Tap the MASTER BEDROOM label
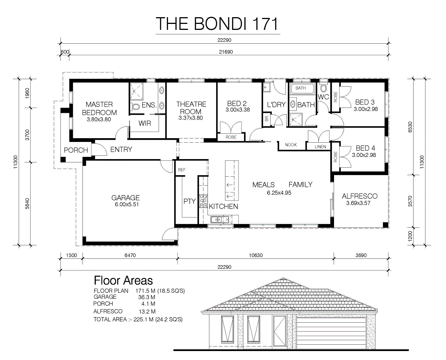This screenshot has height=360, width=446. pos(99,108)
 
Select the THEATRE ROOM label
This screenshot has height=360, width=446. pos(191,108)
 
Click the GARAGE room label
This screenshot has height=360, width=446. pos(125,198)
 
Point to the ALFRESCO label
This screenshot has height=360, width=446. pos(359,196)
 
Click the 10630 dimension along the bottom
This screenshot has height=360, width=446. pos(256,255)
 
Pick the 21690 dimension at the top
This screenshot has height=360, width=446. pos(226,52)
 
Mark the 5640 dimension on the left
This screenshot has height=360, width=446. pos(27,204)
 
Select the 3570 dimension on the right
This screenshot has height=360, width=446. pos(410,201)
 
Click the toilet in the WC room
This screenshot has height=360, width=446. pos(323,87)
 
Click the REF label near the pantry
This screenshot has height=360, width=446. pos(182,170)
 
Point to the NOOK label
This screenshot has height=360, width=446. pos(291,145)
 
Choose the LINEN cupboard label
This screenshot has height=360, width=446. pos(320,147)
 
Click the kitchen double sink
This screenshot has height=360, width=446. pos(219,220)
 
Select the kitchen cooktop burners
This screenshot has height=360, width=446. pos(203,201)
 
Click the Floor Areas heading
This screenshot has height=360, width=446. pos(123,280)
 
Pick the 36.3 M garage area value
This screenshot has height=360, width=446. pos(146,297)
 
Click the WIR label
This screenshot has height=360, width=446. pos(145,124)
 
